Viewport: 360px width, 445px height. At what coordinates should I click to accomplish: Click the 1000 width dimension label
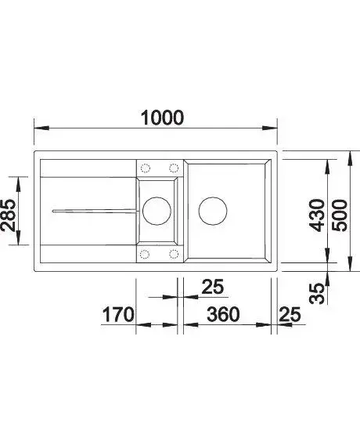click(x=163, y=118)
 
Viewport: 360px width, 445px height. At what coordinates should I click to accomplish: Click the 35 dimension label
click(x=317, y=294)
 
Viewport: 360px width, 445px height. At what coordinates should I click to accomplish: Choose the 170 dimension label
click(x=117, y=314)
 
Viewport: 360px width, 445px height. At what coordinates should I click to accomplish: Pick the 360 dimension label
click(x=223, y=314)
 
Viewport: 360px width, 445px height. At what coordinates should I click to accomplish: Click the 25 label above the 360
click(x=213, y=287)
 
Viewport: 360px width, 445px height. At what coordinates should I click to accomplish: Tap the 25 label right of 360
click(x=290, y=314)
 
